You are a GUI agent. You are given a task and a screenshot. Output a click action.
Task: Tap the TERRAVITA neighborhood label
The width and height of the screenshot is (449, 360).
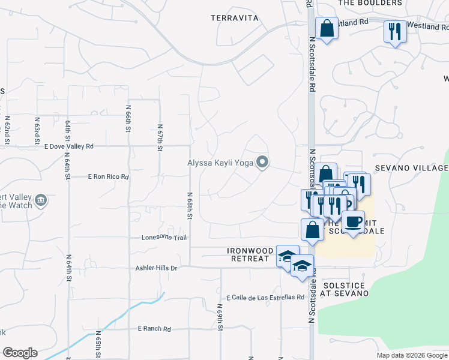coord(235,18)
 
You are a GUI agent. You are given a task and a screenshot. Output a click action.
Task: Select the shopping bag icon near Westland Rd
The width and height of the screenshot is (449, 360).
coord(327,28)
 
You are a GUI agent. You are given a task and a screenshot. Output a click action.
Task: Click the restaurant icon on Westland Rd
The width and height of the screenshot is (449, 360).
coord(394,31)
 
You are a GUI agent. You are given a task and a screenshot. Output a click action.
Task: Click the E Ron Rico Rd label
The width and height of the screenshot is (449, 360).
coord(109,177)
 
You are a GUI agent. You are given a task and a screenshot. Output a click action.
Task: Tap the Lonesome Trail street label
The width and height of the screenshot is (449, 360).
coord(164,238)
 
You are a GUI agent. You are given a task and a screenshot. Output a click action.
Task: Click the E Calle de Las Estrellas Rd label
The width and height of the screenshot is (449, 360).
coord(266,297)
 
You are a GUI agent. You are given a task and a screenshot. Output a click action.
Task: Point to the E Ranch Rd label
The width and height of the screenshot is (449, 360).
coord(154,329)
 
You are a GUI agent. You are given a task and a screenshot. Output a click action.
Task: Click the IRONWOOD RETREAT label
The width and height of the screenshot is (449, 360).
coord(250,254)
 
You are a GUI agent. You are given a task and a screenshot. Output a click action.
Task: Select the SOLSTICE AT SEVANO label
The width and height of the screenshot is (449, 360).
coord(343,289)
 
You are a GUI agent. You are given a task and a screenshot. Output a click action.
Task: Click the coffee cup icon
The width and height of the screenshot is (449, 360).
coord(354,222)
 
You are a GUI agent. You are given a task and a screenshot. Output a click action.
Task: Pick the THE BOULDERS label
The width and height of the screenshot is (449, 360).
coord(370,3)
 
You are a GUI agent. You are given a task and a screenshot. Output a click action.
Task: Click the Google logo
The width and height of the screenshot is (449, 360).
coord(20,353)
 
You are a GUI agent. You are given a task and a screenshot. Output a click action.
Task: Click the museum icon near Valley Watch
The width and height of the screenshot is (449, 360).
coord(41,200)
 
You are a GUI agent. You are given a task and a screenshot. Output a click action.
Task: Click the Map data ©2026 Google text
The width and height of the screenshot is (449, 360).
coord(411,355)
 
